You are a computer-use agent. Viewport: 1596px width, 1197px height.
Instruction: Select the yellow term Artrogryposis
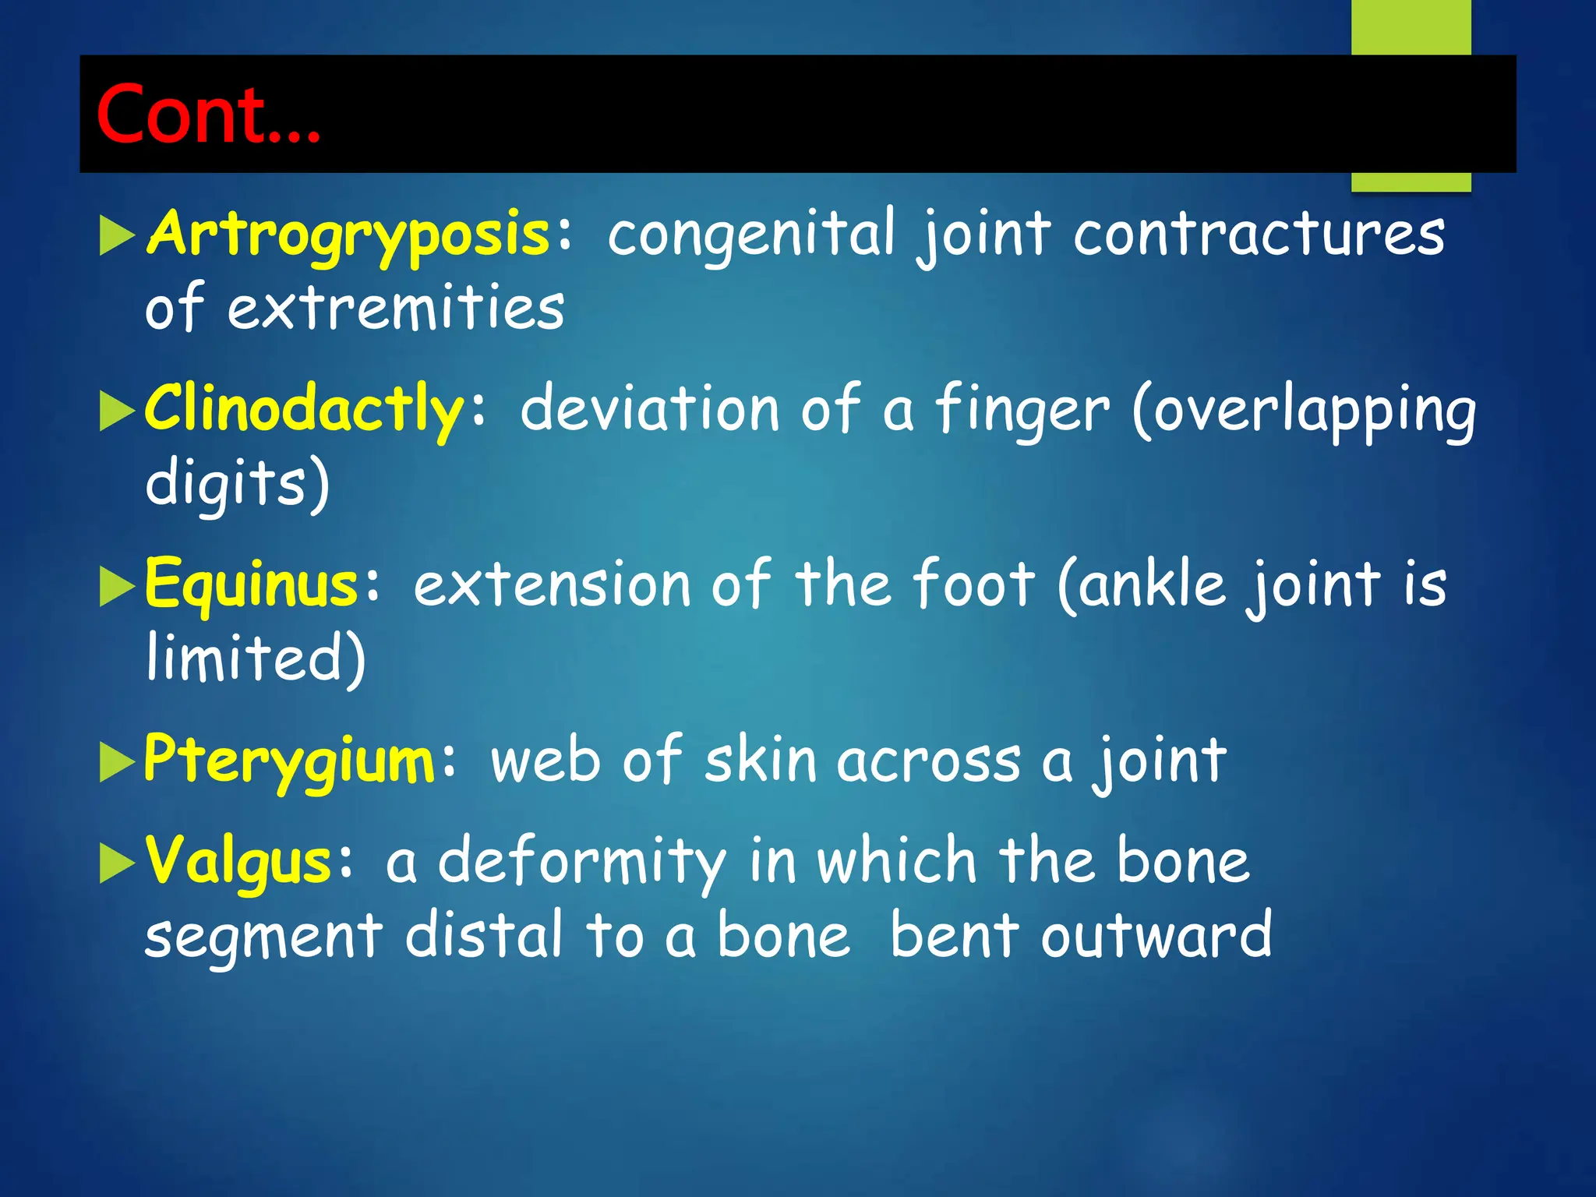click(348, 234)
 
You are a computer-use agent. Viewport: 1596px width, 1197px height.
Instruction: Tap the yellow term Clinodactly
click(305, 408)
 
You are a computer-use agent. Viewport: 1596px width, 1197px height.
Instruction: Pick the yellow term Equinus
click(251, 584)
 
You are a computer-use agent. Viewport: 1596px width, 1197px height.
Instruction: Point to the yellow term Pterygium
click(289, 760)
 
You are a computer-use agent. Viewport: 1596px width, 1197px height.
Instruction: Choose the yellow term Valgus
click(239, 861)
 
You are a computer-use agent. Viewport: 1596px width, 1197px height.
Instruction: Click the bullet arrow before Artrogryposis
click(117, 236)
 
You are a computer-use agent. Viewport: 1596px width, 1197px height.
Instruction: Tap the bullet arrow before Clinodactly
click(117, 411)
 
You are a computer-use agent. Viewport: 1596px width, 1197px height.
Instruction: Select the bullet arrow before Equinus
click(117, 587)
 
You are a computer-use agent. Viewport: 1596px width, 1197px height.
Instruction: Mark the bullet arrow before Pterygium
click(117, 762)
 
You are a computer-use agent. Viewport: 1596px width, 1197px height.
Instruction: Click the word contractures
click(1259, 234)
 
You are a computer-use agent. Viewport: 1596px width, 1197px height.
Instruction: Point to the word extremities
click(395, 308)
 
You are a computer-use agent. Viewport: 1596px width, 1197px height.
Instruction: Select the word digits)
click(238, 483)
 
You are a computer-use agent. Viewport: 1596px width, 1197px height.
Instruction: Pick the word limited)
click(256, 659)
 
